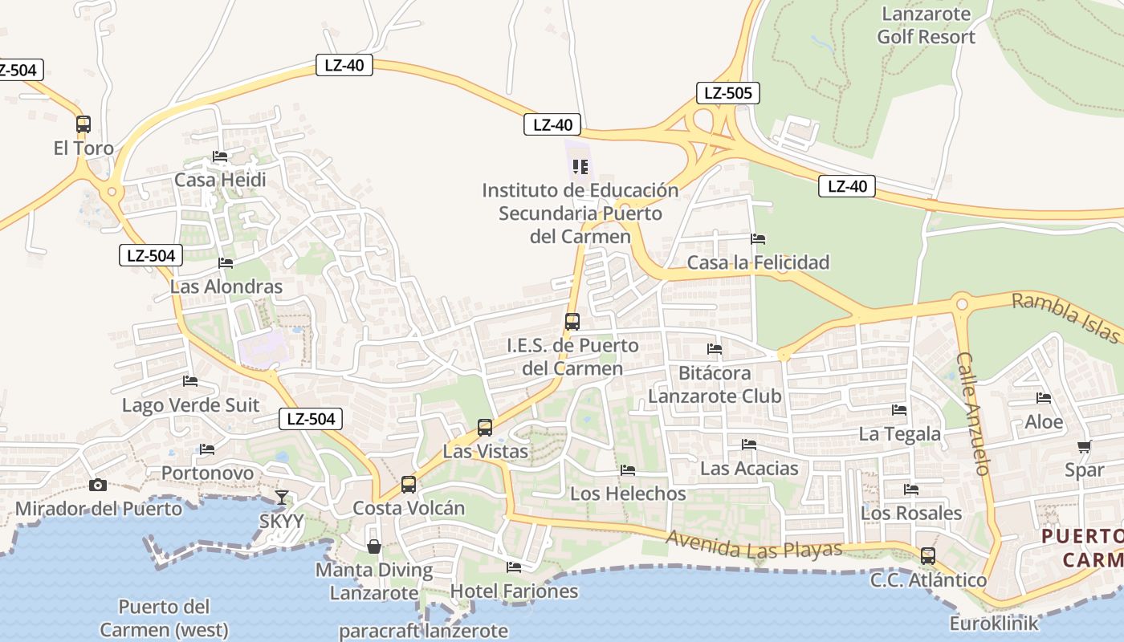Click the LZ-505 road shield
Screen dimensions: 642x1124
727,93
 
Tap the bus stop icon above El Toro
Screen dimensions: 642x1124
83,124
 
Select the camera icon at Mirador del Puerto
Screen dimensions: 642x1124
98,485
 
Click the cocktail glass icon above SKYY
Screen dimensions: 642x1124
282,498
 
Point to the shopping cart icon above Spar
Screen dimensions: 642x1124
1084,447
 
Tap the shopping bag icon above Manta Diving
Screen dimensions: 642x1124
374,547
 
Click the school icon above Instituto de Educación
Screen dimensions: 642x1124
580,167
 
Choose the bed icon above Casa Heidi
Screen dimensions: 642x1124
220,156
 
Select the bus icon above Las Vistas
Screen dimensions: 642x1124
485,427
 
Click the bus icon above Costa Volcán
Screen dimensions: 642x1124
409,484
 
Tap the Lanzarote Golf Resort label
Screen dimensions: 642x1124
926,26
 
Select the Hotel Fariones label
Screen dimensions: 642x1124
514,591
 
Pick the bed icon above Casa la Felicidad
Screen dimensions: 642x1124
758,239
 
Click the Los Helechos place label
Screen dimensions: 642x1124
628,494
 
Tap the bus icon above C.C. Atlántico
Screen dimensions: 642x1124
928,555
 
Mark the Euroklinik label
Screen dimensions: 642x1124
994,624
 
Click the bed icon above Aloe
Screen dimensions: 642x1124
1044,398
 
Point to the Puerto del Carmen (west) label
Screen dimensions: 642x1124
164,618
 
